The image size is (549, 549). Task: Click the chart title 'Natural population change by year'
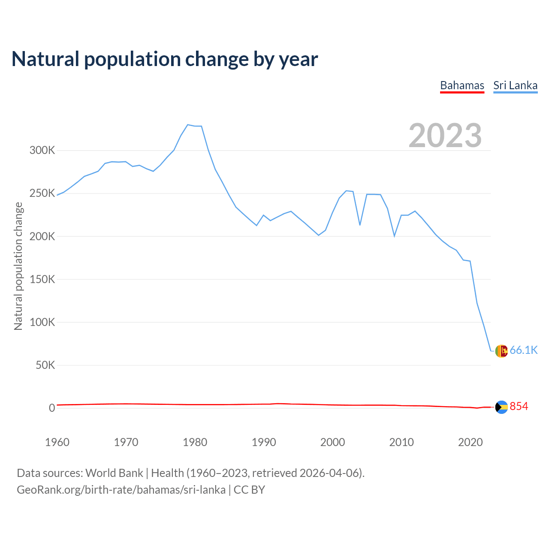point(165,59)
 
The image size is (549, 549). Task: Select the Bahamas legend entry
point(462,85)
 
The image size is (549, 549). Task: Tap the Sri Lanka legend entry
point(515,85)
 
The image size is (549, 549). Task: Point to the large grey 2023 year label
point(445,136)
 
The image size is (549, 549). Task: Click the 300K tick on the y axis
point(42,151)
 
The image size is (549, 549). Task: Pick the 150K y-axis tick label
point(42,279)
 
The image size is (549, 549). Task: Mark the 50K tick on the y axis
point(45,365)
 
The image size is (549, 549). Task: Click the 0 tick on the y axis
point(52,408)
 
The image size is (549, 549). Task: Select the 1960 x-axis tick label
point(57,442)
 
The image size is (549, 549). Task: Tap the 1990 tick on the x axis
point(264,442)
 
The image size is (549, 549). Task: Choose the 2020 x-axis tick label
point(471,442)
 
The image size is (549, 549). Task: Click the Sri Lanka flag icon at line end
point(501,351)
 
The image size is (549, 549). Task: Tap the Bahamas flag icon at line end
point(501,407)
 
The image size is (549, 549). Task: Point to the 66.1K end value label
point(523,350)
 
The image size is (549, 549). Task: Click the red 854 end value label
point(519,407)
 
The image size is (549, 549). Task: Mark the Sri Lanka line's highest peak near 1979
point(188,125)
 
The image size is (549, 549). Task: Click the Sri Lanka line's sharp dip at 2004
point(360,225)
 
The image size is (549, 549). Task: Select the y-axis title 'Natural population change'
point(18,266)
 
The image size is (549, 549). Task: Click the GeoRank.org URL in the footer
point(121,490)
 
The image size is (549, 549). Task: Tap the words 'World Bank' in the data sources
point(114,473)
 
